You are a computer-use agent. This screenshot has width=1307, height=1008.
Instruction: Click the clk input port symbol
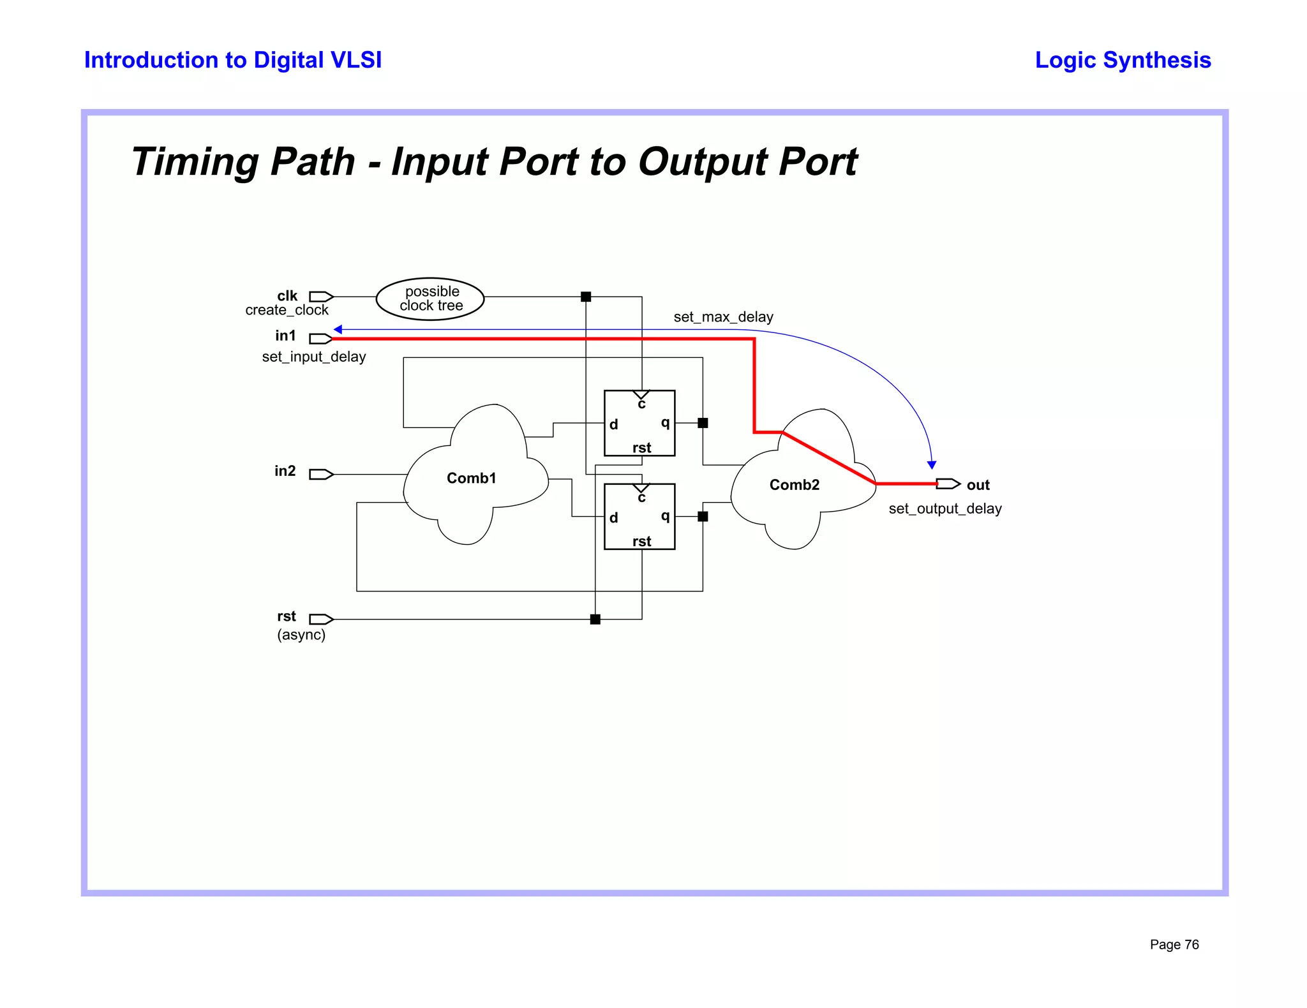pos(321,297)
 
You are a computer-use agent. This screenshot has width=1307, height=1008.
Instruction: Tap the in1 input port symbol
pos(321,338)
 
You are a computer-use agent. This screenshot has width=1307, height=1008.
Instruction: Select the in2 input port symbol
pos(321,474)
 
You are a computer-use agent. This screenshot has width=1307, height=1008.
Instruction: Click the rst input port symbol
pos(321,619)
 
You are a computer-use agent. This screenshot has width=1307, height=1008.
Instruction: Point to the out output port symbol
pos(948,484)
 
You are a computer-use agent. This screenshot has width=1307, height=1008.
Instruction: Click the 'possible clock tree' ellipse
pos(430,299)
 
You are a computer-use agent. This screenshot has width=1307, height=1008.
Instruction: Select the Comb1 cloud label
pos(471,478)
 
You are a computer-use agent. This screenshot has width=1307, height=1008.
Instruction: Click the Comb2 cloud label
pos(794,485)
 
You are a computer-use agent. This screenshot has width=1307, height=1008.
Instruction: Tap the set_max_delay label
pos(723,317)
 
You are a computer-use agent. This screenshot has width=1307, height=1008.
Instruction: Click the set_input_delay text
pos(314,357)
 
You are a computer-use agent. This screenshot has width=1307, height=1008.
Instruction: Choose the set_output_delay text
pos(945,508)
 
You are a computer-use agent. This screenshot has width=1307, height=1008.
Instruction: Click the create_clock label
pos(287,310)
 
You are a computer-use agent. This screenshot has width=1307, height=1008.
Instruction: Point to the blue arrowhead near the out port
pos(932,465)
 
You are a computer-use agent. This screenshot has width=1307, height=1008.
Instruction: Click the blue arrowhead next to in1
pos(338,329)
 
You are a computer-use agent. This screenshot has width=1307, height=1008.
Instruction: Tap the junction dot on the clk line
pos(586,297)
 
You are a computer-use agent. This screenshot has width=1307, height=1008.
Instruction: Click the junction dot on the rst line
pos(595,619)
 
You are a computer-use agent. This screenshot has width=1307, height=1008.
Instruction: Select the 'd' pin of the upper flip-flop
pos(613,424)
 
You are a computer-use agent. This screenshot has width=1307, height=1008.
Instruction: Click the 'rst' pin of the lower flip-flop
pos(641,541)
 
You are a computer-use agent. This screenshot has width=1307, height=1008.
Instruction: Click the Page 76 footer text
pos(1174,944)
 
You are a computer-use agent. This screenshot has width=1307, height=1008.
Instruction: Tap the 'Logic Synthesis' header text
pos(1123,60)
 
